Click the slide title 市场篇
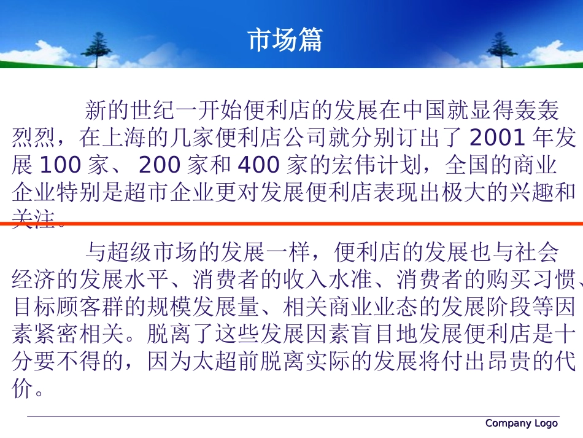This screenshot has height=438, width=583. pos(285,40)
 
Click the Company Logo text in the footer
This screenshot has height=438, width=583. pos(521,423)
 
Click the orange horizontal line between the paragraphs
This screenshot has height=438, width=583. pos(291,224)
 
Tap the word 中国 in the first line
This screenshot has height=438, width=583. pos(423,111)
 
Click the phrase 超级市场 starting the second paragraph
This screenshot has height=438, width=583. pos(147,252)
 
